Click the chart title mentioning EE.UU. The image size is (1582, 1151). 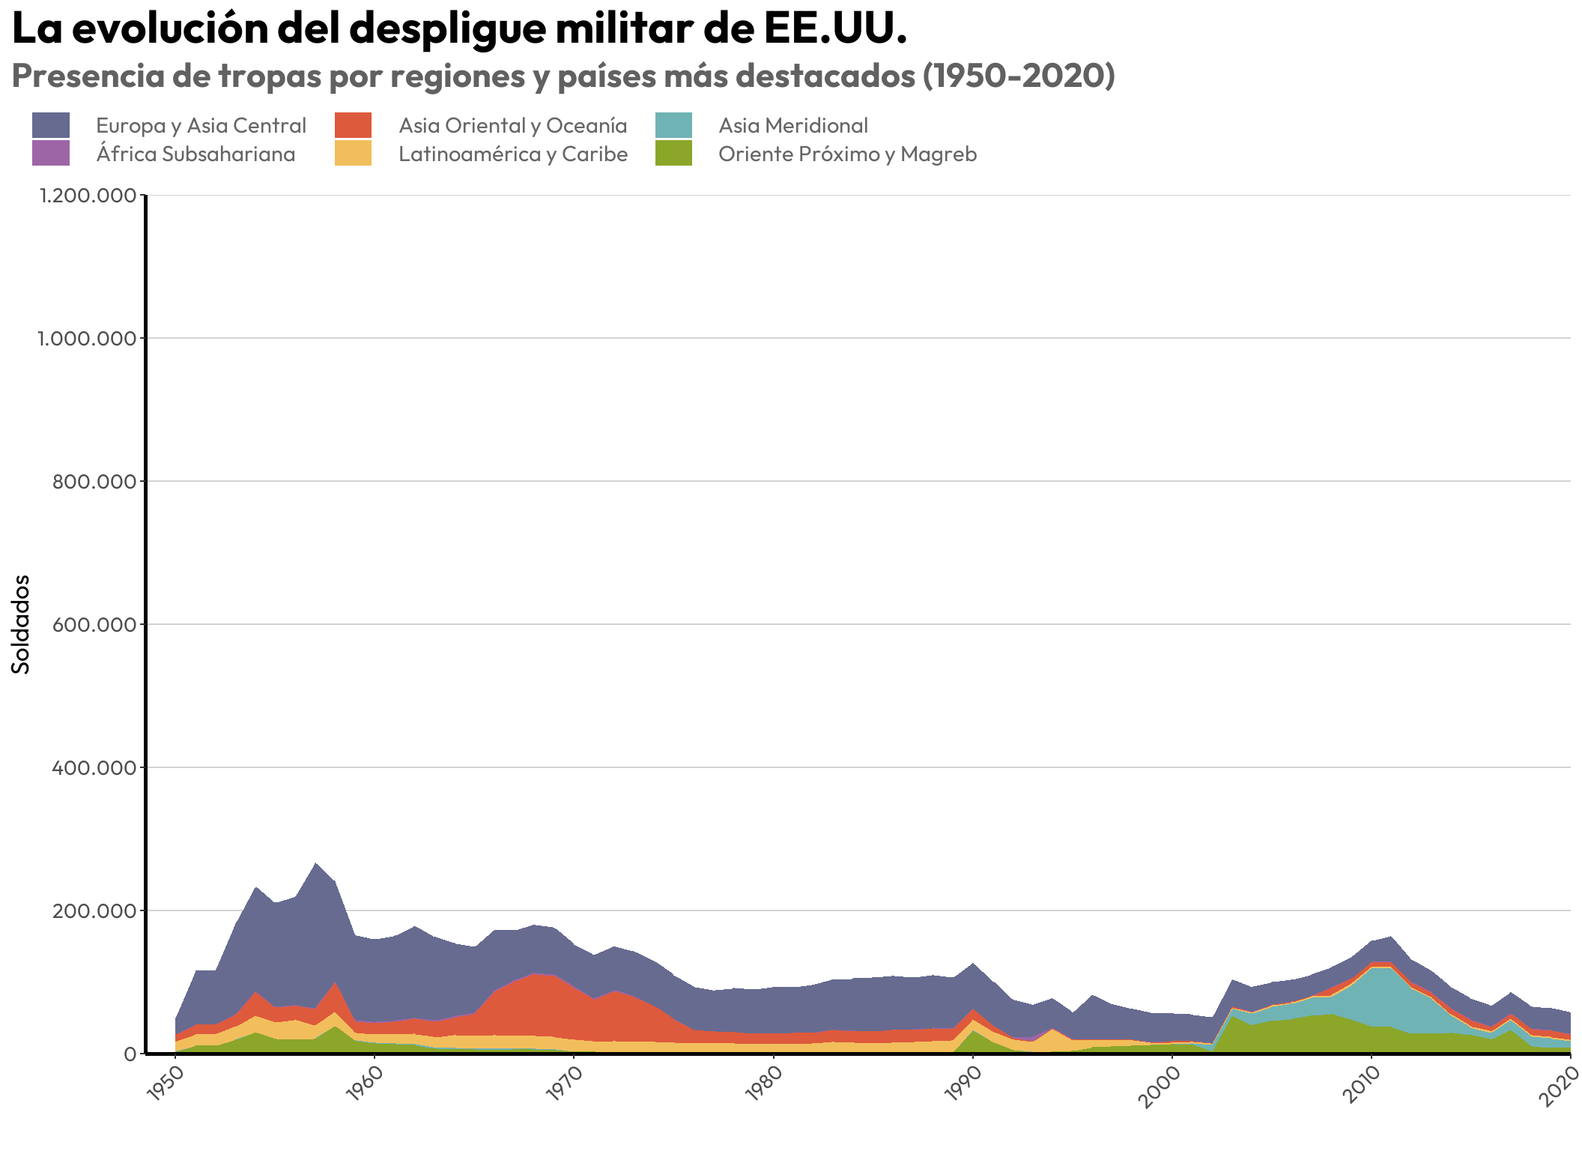tap(459, 30)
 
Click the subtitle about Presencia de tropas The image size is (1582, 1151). tap(563, 76)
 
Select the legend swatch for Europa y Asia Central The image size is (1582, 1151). tap(51, 125)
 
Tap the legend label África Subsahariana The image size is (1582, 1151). tap(196, 154)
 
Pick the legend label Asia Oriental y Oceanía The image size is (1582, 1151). tap(512, 125)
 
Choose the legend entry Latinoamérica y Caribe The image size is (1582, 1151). tap(512, 154)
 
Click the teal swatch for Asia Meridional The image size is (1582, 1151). tap(673, 125)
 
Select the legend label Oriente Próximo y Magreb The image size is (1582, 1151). tap(847, 154)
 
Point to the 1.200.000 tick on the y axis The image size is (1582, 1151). tap(88, 196)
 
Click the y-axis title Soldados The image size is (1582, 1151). tap(22, 624)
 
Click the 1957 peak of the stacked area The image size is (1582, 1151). tap(315, 865)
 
